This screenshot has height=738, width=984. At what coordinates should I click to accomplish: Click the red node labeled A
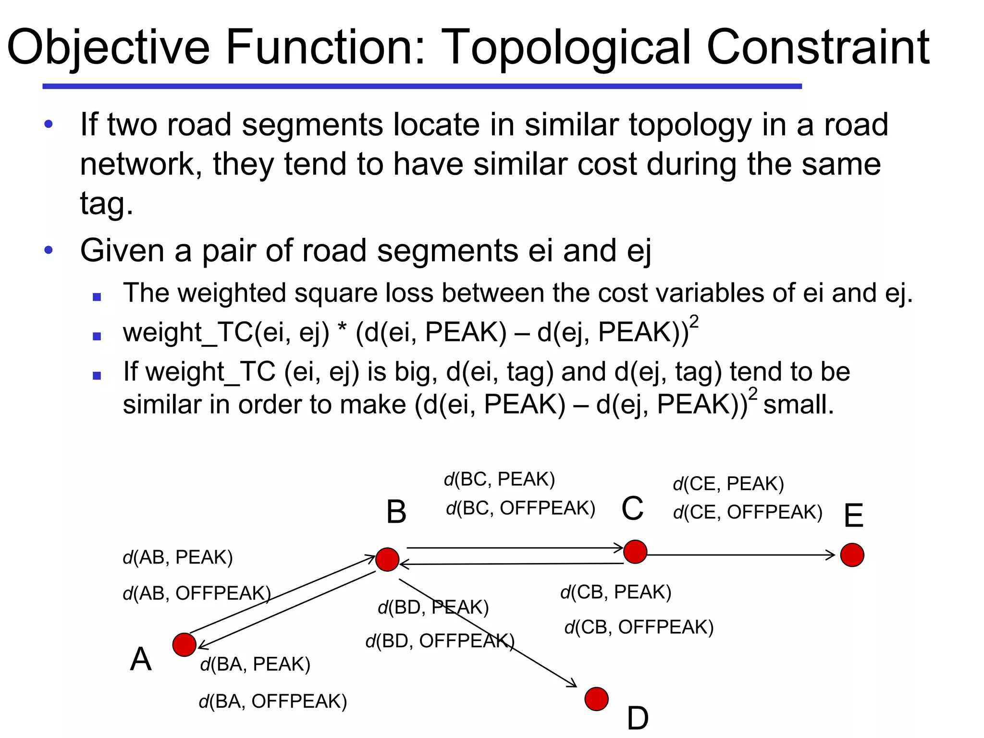click(x=184, y=644)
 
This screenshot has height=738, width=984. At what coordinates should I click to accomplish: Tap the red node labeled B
click(x=387, y=559)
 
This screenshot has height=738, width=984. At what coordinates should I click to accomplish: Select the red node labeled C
click(x=635, y=551)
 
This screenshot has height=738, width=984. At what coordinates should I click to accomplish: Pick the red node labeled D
click(x=596, y=699)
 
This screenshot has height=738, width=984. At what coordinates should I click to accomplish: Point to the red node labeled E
click(x=852, y=555)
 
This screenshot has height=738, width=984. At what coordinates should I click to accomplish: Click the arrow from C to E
click(x=740, y=555)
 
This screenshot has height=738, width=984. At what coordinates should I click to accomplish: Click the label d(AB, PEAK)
click(x=178, y=557)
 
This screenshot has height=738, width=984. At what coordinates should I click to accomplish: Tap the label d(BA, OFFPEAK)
click(x=272, y=701)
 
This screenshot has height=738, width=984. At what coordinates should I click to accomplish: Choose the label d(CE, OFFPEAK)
click(x=748, y=512)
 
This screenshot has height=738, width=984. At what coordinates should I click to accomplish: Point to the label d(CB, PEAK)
click(x=615, y=592)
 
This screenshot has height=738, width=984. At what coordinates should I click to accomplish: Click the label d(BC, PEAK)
click(x=499, y=480)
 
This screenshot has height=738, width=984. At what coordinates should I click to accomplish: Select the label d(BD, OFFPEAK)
click(x=440, y=641)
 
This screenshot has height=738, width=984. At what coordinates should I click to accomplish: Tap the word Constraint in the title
click(x=818, y=47)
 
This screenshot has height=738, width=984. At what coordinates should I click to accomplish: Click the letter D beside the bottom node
click(x=638, y=719)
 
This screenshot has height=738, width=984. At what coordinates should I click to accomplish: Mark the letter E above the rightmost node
click(x=853, y=516)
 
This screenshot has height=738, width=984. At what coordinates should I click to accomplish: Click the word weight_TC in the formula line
click(x=187, y=332)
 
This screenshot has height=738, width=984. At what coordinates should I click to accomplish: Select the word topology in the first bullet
click(x=690, y=125)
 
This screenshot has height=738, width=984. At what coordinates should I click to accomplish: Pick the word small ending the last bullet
click(x=798, y=405)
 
